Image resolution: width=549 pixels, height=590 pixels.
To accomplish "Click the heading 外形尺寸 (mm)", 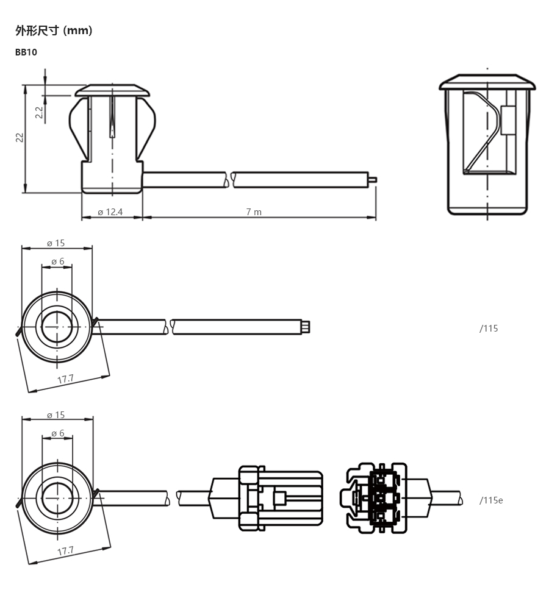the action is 54,30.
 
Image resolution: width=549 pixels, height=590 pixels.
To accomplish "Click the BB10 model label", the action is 26,52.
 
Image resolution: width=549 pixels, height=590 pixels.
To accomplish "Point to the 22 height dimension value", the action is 20,137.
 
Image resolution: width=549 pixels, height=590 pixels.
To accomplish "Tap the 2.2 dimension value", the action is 39,112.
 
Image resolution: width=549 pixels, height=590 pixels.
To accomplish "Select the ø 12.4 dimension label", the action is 110,212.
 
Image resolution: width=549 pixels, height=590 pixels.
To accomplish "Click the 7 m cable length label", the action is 254,212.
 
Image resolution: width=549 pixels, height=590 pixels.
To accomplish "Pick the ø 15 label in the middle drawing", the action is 56,243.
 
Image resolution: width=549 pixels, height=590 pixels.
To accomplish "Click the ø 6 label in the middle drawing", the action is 57,261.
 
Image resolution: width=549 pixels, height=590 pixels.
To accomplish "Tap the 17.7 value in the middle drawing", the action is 65,379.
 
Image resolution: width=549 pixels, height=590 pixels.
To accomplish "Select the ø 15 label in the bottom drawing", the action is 56,415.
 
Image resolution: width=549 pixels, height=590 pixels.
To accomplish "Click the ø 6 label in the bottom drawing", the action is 57,433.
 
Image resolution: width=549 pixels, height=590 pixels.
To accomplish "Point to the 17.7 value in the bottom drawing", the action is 65,551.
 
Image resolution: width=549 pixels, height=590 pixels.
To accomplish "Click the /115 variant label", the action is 489,329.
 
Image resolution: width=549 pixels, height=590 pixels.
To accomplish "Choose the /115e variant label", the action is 491,500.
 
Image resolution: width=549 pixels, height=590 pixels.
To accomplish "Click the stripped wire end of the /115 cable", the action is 306,327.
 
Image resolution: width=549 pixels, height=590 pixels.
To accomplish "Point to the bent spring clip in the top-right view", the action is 483,132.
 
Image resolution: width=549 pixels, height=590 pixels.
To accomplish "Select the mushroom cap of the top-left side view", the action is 112,90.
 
